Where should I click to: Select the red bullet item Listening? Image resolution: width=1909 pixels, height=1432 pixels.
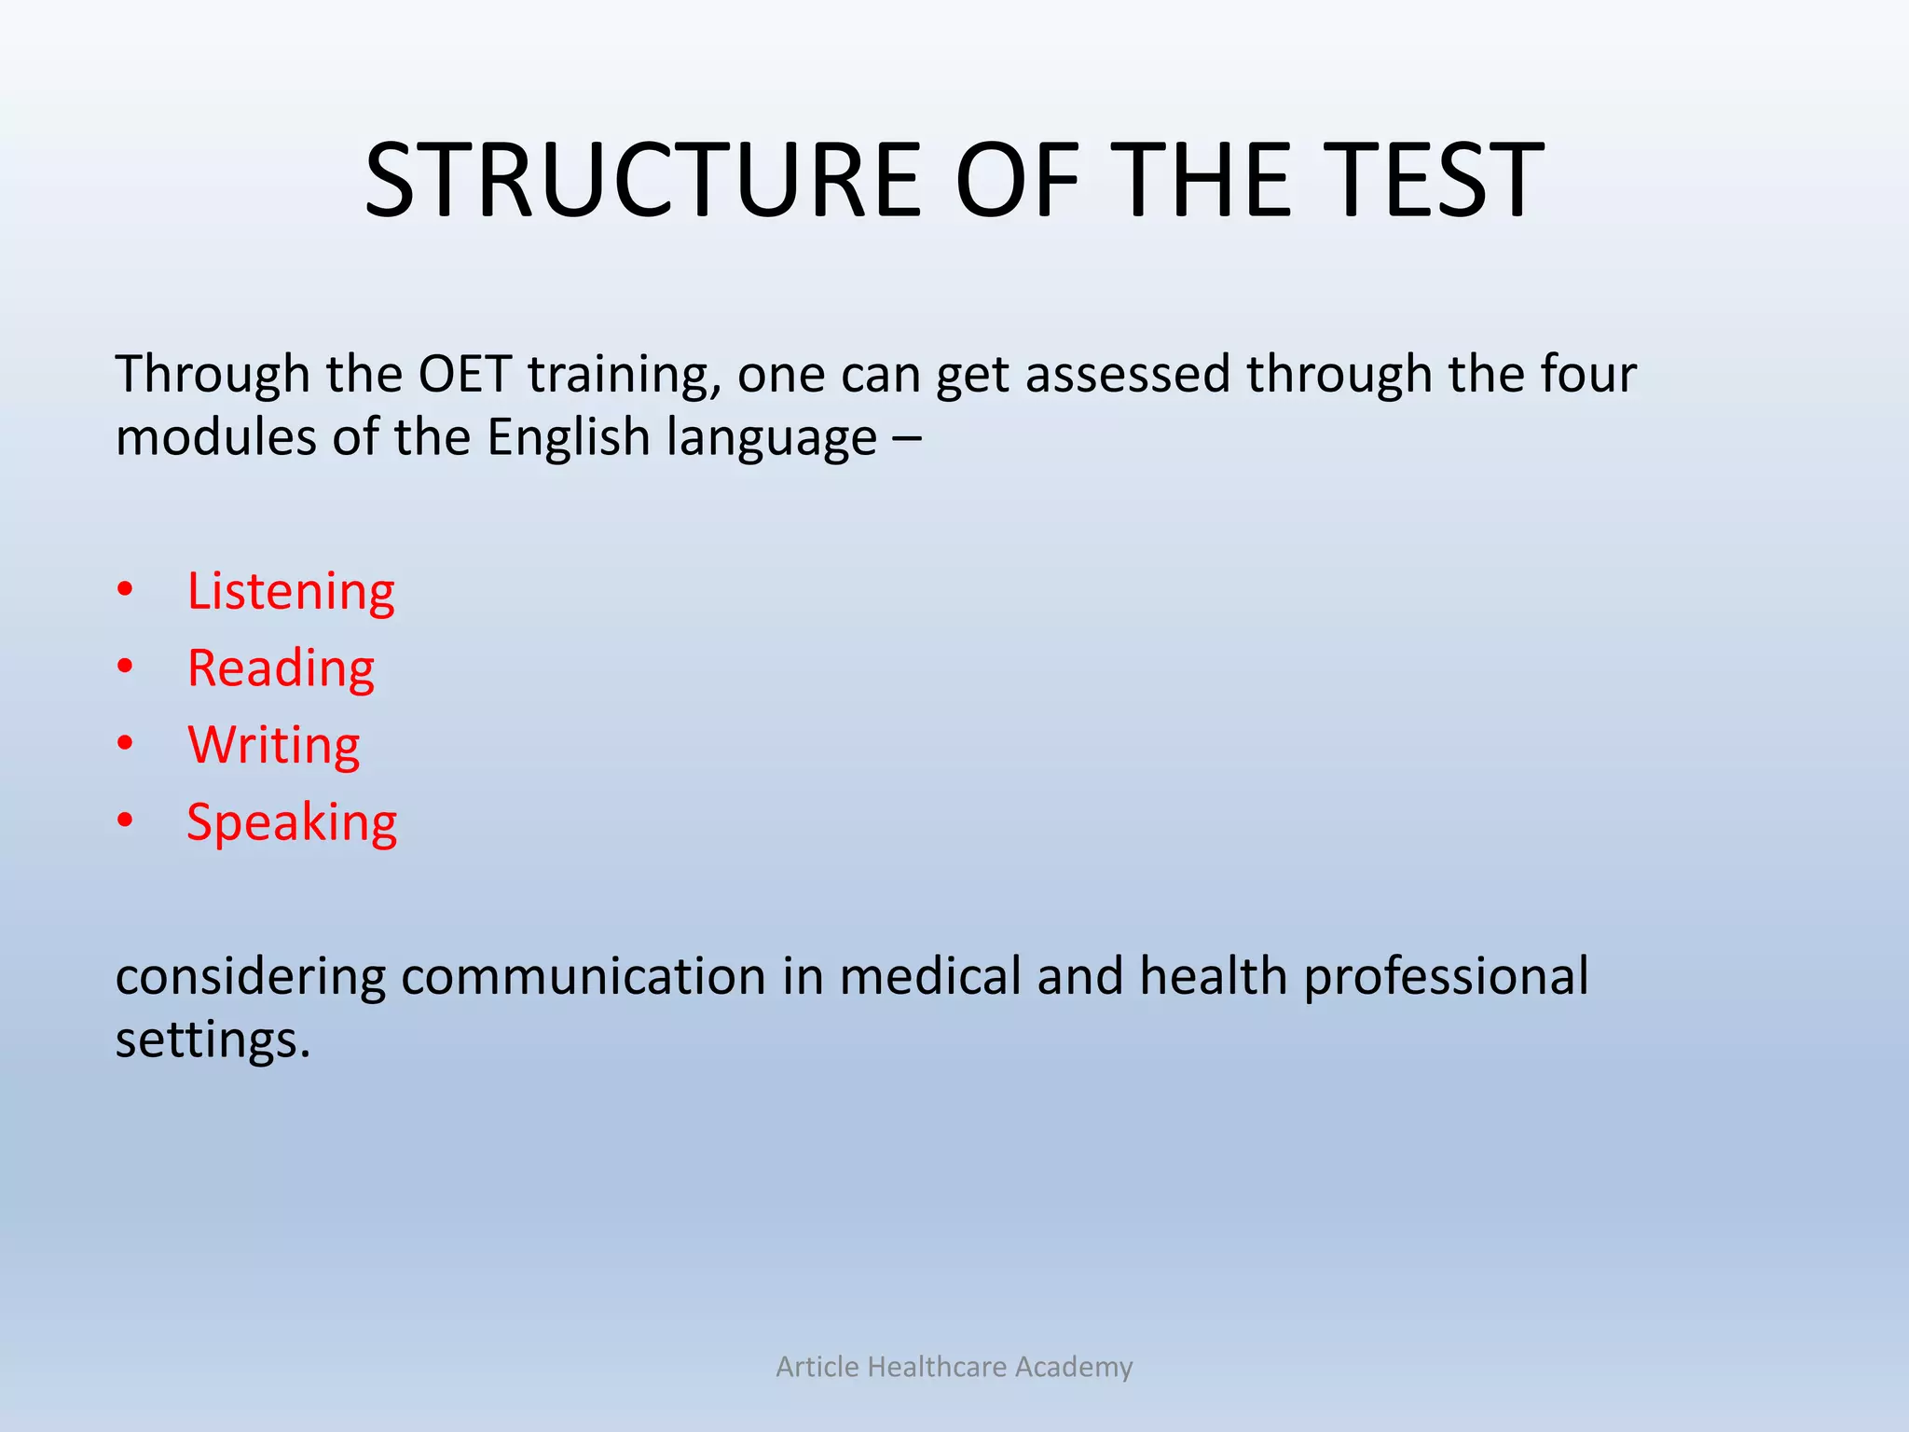(x=291, y=591)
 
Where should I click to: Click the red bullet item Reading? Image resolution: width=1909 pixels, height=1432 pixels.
(x=281, y=668)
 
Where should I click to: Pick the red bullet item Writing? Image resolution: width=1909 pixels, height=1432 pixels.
(x=273, y=745)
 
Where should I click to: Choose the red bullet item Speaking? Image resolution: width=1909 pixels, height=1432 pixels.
(x=292, y=822)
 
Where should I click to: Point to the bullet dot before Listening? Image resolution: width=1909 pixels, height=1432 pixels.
(x=126, y=590)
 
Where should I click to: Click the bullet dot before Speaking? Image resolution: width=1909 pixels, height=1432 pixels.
(x=126, y=821)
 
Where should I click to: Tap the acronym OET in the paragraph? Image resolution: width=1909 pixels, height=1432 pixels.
(x=464, y=374)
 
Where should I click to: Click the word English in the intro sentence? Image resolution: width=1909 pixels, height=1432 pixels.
(x=568, y=437)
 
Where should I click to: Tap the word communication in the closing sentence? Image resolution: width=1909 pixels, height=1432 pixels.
(x=584, y=976)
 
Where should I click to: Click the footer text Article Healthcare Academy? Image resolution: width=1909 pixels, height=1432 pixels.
(x=954, y=1367)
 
